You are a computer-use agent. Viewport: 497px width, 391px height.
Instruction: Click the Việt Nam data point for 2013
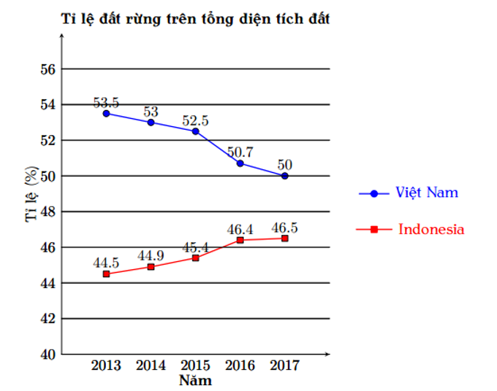pyautogui.click(x=106, y=113)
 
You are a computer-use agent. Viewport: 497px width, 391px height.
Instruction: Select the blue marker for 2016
pyautogui.click(x=240, y=163)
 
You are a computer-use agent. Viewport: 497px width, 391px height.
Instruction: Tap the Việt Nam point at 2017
pyautogui.click(x=284, y=176)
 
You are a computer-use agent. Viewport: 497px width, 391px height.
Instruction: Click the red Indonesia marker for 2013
pyautogui.click(x=106, y=274)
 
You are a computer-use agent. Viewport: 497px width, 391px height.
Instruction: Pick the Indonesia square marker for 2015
pyautogui.click(x=195, y=258)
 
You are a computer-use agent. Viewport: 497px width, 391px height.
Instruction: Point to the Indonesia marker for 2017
pyautogui.click(x=284, y=239)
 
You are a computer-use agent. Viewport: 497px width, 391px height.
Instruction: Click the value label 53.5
pyautogui.click(x=106, y=101)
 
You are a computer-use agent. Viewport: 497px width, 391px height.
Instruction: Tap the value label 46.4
pyautogui.click(x=240, y=228)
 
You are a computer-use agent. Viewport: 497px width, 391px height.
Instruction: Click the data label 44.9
pyautogui.click(x=151, y=255)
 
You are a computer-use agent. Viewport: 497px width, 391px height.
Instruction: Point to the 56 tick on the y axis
pyautogui.click(x=48, y=69)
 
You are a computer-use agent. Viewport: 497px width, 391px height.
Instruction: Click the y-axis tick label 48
pyautogui.click(x=48, y=212)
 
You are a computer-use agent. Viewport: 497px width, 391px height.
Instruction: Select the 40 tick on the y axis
pyautogui.click(x=48, y=355)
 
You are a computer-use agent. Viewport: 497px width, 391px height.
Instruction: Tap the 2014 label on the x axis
pyautogui.click(x=151, y=366)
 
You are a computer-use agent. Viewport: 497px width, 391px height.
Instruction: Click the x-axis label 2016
pyautogui.click(x=240, y=366)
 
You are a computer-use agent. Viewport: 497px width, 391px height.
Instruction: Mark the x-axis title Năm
pyautogui.click(x=195, y=381)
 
